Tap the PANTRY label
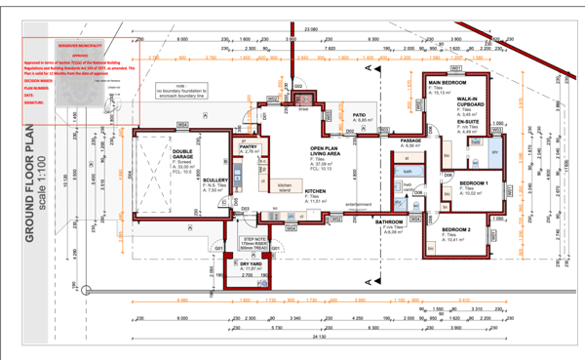point(250,146)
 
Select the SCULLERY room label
point(215,180)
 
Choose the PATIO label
point(359,114)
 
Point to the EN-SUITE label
point(470,125)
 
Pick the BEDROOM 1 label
point(475,183)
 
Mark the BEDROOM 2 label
point(455,229)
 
